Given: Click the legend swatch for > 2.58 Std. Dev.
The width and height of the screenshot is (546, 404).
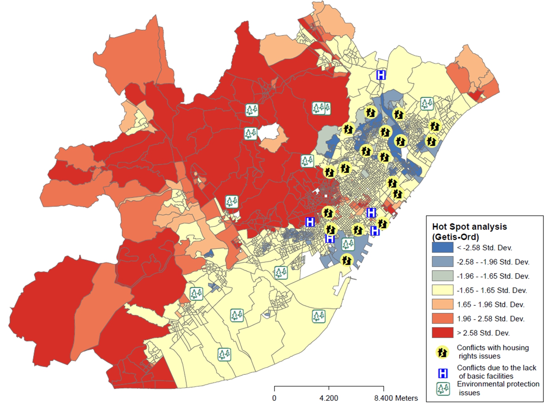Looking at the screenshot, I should [442, 333].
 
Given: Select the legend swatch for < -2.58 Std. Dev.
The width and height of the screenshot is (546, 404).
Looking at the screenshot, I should [442, 247].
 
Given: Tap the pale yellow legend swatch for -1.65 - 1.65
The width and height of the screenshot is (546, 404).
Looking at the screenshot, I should [442, 290].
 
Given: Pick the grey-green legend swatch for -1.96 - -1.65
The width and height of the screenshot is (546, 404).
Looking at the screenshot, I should [442, 276].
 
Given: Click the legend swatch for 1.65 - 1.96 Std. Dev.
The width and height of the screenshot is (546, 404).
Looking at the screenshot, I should [442, 304].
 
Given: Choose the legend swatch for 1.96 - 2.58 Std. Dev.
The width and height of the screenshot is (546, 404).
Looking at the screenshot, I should [442, 318].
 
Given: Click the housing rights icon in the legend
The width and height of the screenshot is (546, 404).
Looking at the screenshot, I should [443, 352].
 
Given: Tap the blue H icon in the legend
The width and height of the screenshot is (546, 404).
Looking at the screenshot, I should [443, 373].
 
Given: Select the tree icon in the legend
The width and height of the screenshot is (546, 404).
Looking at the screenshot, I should [443, 389].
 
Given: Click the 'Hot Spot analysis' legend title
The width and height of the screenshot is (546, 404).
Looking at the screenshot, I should [469, 227].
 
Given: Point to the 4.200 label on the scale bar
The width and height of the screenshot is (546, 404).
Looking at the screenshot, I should [329, 398].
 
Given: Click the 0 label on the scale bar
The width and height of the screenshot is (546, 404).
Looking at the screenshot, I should [274, 398].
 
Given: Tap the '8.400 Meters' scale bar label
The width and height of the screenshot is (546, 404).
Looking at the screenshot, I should [396, 398].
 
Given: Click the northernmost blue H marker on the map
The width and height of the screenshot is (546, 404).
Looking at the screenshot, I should [381, 75].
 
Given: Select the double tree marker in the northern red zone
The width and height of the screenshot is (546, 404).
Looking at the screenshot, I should [321, 108].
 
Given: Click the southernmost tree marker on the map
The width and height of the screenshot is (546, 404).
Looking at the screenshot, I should [224, 354].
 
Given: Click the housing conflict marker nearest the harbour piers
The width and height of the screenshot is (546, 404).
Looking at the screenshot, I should [346, 260].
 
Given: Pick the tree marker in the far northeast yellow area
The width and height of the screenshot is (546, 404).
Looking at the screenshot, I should [426, 104].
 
